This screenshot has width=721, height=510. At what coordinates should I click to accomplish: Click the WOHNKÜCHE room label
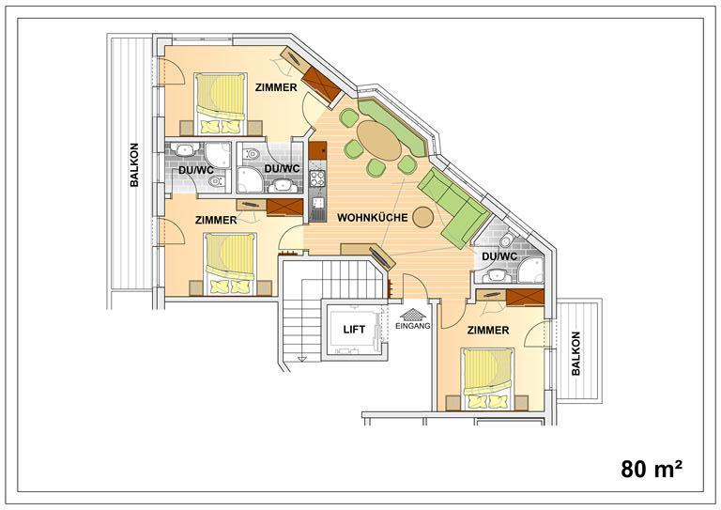click(373, 218)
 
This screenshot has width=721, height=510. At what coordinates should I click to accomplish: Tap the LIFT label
click(354, 330)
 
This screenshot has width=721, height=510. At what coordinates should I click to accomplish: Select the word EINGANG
click(413, 326)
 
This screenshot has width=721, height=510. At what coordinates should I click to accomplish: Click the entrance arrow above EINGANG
click(413, 314)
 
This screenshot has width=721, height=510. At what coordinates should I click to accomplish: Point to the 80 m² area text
click(652, 469)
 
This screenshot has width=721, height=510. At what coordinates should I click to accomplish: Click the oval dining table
click(379, 140)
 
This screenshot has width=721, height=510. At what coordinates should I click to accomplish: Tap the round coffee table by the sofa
click(423, 217)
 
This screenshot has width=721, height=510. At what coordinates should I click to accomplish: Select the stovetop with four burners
click(317, 178)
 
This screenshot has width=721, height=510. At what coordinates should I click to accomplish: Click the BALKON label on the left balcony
click(134, 164)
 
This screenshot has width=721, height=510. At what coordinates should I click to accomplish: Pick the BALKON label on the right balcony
click(575, 353)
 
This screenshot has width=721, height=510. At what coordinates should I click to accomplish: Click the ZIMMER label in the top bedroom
click(276, 87)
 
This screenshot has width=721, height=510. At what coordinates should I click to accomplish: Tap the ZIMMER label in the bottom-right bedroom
click(488, 331)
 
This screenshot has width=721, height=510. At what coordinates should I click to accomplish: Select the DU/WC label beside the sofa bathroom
click(499, 256)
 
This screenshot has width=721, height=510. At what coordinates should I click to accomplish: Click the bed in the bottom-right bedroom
click(488, 379)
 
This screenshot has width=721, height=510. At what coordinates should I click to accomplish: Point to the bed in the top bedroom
click(221, 104)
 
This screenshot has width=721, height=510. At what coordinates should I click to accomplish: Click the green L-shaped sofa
click(453, 208)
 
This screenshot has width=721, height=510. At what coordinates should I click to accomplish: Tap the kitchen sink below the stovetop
click(317, 203)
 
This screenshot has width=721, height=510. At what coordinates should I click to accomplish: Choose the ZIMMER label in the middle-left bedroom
click(216, 221)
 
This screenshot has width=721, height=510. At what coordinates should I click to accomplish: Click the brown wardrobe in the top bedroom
click(321, 85)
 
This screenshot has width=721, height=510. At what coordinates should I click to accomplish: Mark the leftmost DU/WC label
click(196, 170)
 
